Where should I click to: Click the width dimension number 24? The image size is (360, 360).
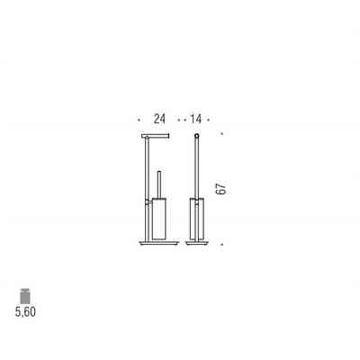(159, 119)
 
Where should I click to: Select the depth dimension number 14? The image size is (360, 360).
(195, 119)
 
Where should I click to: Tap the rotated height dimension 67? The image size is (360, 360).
(220, 188)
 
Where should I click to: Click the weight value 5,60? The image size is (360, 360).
(25, 312)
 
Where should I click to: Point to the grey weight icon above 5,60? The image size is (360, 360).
(25, 296)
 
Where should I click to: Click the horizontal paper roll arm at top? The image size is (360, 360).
(156, 136)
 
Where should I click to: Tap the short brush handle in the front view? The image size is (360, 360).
(159, 184)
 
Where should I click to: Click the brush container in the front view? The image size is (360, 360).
(159, 219)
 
